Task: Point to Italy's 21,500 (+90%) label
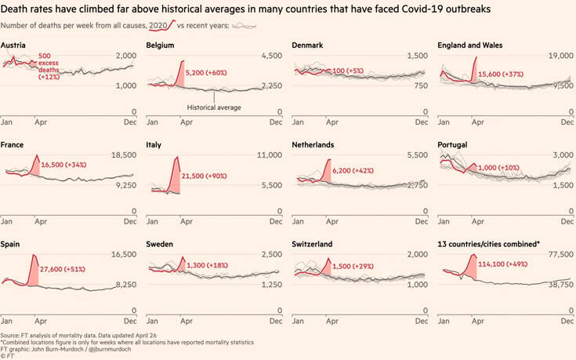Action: click(211, 176)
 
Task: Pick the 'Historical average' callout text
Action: click(214, 107)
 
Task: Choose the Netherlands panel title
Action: click(313, 145)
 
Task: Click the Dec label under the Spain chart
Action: click(130, 322)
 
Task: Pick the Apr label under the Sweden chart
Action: click(182, 322)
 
